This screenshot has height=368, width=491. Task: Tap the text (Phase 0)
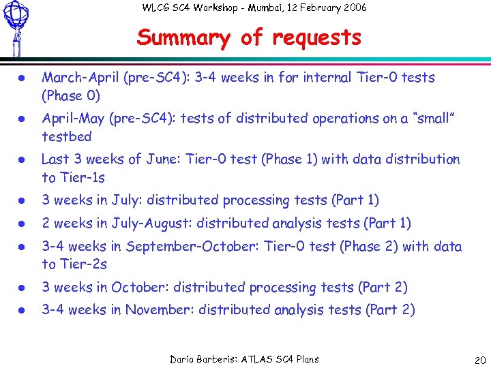(72, 95)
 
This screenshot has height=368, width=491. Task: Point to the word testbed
(66, 136)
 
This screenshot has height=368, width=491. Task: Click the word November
(160, 310)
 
